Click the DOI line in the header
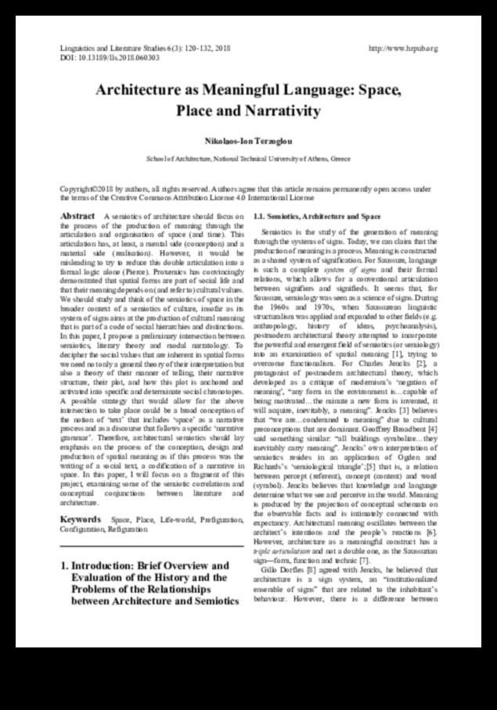(x=110, y=57)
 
